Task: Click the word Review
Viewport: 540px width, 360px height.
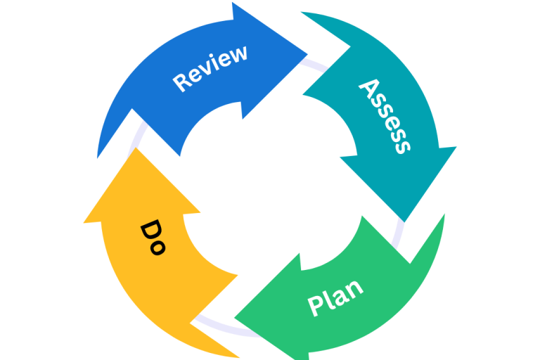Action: pyautogui.click(x=210, y=68)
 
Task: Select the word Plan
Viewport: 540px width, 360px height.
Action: pyautogui.click(x=335, y=297)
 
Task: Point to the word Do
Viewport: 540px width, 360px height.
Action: pyautogui.click(x=153, y=238)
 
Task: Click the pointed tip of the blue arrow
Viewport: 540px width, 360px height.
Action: pyautogui.click(x=307, y=53)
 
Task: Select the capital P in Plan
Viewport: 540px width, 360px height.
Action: pyautogui.click(x=316, y=306)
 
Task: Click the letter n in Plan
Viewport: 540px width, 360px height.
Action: pyautogui.click(x=356, y=287)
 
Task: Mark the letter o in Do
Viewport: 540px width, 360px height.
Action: pyautogui.click(x=157, y=247)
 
